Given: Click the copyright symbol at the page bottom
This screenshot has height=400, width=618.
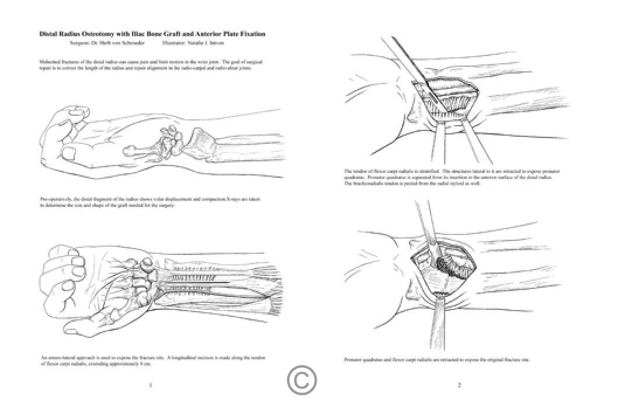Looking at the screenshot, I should pos(301,380).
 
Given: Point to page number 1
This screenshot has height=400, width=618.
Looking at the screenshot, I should pos(151,385).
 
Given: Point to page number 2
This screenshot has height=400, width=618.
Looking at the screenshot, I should pos(459,385).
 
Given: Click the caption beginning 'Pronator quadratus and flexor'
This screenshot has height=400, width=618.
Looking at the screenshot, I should pos(437,359).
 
